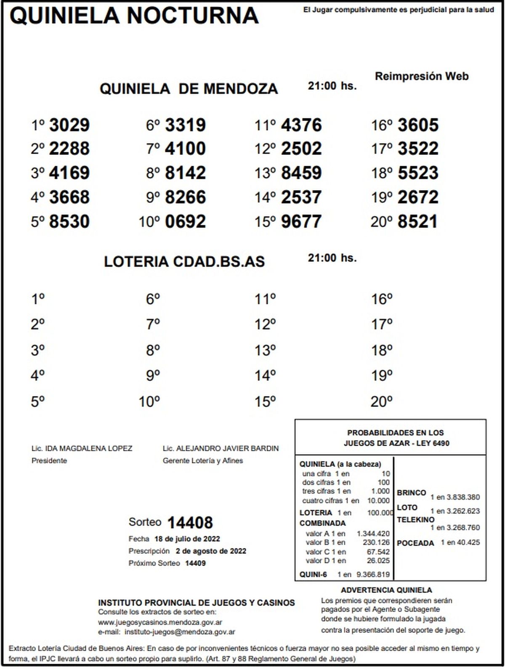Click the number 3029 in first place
click(69, 125)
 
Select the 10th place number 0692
click(186, 222)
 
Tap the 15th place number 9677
click(301, 222)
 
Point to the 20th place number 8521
click(417, 222)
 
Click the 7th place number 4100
click(186, 149)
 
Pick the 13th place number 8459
click(301, 173)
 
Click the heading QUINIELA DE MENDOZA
click(189, 89)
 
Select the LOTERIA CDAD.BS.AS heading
click(184, 261)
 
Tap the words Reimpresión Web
click(421, 76)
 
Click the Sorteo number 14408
click(190, 523)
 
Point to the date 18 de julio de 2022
click(187, 539)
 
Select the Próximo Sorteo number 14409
click(195, 563)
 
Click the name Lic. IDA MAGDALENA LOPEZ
click(82, 448)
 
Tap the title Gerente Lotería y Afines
click(203, 460)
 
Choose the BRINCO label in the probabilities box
click(411, 492)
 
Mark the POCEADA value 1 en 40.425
click(460, 542)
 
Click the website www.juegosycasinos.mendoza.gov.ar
click(160, 622)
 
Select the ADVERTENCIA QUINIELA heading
click(386, 590)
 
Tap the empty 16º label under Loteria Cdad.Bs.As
click(381, 299)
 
